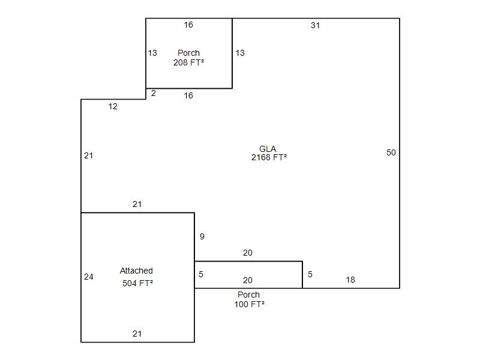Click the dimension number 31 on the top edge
(316, 25)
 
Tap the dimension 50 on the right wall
(391, 152)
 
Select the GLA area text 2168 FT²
(269, 157)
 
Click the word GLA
(268, 149)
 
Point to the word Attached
(136, 271)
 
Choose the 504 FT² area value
(138, 283)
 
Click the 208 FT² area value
(188, 62)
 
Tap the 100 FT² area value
(250, 304)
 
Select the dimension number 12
(113, 107)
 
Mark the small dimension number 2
(154, 93)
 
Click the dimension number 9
(202, 236)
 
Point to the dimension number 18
(350, 280)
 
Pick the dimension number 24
(89, 277)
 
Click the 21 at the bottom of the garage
(137, 334)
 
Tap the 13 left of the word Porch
(152, 53)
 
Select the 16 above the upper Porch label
(188, 25)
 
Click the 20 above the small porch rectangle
(248, 253)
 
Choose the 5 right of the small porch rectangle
(310, 274)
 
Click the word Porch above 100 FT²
(248, 295)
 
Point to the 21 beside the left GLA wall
(89, 155)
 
